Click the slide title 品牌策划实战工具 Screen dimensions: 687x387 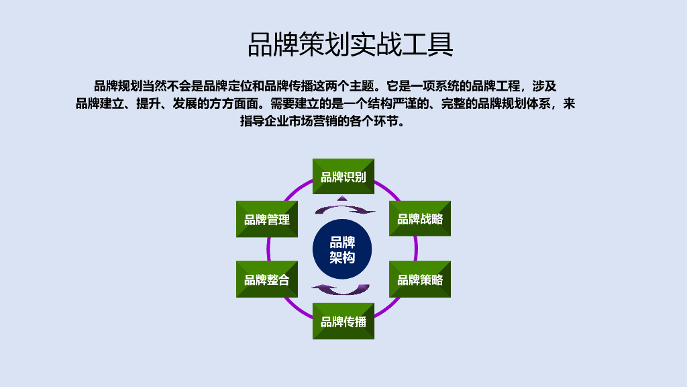pos(350,45)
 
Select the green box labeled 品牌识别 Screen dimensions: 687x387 pos(343,177)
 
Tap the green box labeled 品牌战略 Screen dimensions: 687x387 pos(420,219)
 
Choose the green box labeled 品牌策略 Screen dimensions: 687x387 pos(420,279)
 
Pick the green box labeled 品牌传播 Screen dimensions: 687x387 pos(343,321)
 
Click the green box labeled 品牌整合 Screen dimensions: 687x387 pos(267,279)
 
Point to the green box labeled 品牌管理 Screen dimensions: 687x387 pos(267,219)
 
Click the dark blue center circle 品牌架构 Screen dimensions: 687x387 pos(343,249)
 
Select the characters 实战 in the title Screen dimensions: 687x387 pos(376,45)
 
